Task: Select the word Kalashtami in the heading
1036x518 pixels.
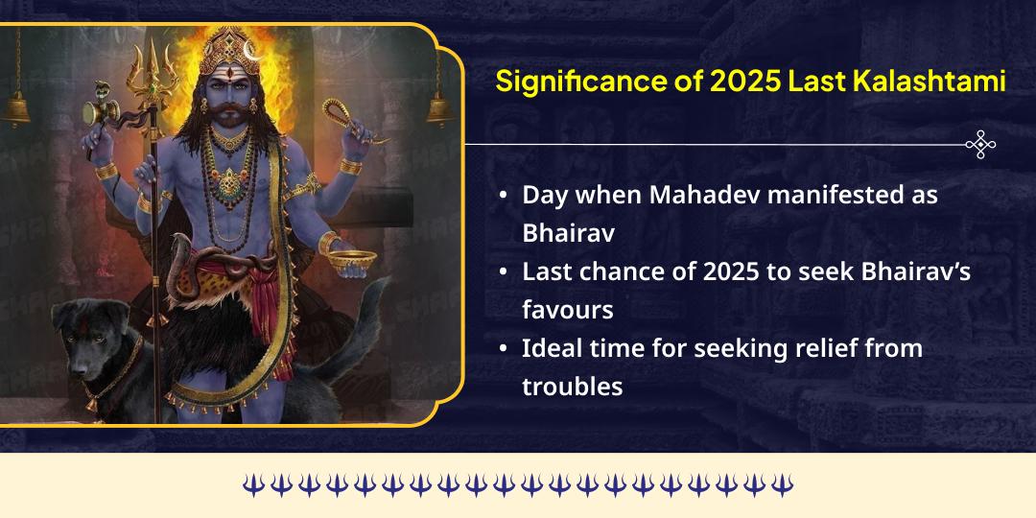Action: (930, 82)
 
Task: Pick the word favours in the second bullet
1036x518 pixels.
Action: (567, 310)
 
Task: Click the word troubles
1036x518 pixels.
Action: (573, 387)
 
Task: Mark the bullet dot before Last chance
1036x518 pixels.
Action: (504, 272)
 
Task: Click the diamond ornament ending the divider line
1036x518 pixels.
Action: (979, 145)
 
